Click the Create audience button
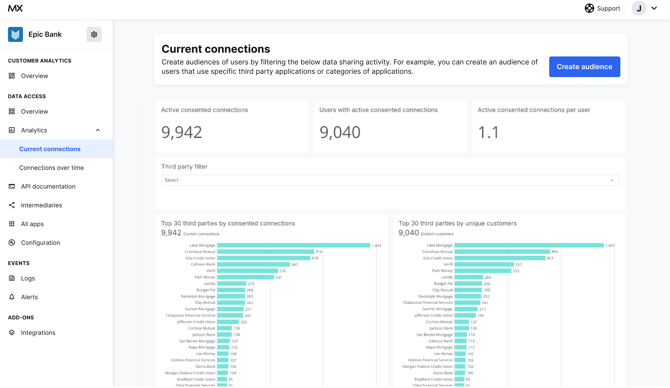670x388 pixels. pos(584,67)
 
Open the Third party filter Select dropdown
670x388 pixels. pos(390,180)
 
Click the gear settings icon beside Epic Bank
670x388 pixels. pos(94,34)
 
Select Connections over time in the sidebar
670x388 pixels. pos(51,168)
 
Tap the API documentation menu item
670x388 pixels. pos(48,186)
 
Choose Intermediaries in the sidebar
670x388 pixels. pos(41,205)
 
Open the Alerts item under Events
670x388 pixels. pos(29,297)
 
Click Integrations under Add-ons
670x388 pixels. pos(38,333)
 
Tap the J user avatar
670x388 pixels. pos(639,8)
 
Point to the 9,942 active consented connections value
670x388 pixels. pos(182,132)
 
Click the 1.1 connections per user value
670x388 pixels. pos(488,132)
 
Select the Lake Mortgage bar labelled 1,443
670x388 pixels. pos(293,245)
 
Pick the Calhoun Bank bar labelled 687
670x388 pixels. pos(253,264)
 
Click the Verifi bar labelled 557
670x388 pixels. pos(484,264)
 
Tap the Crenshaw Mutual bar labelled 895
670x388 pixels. pos(502,251)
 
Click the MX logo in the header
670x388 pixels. pos(15,8)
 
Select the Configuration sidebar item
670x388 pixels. pos(40,243)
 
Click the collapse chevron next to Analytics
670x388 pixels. pos(98,130)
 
